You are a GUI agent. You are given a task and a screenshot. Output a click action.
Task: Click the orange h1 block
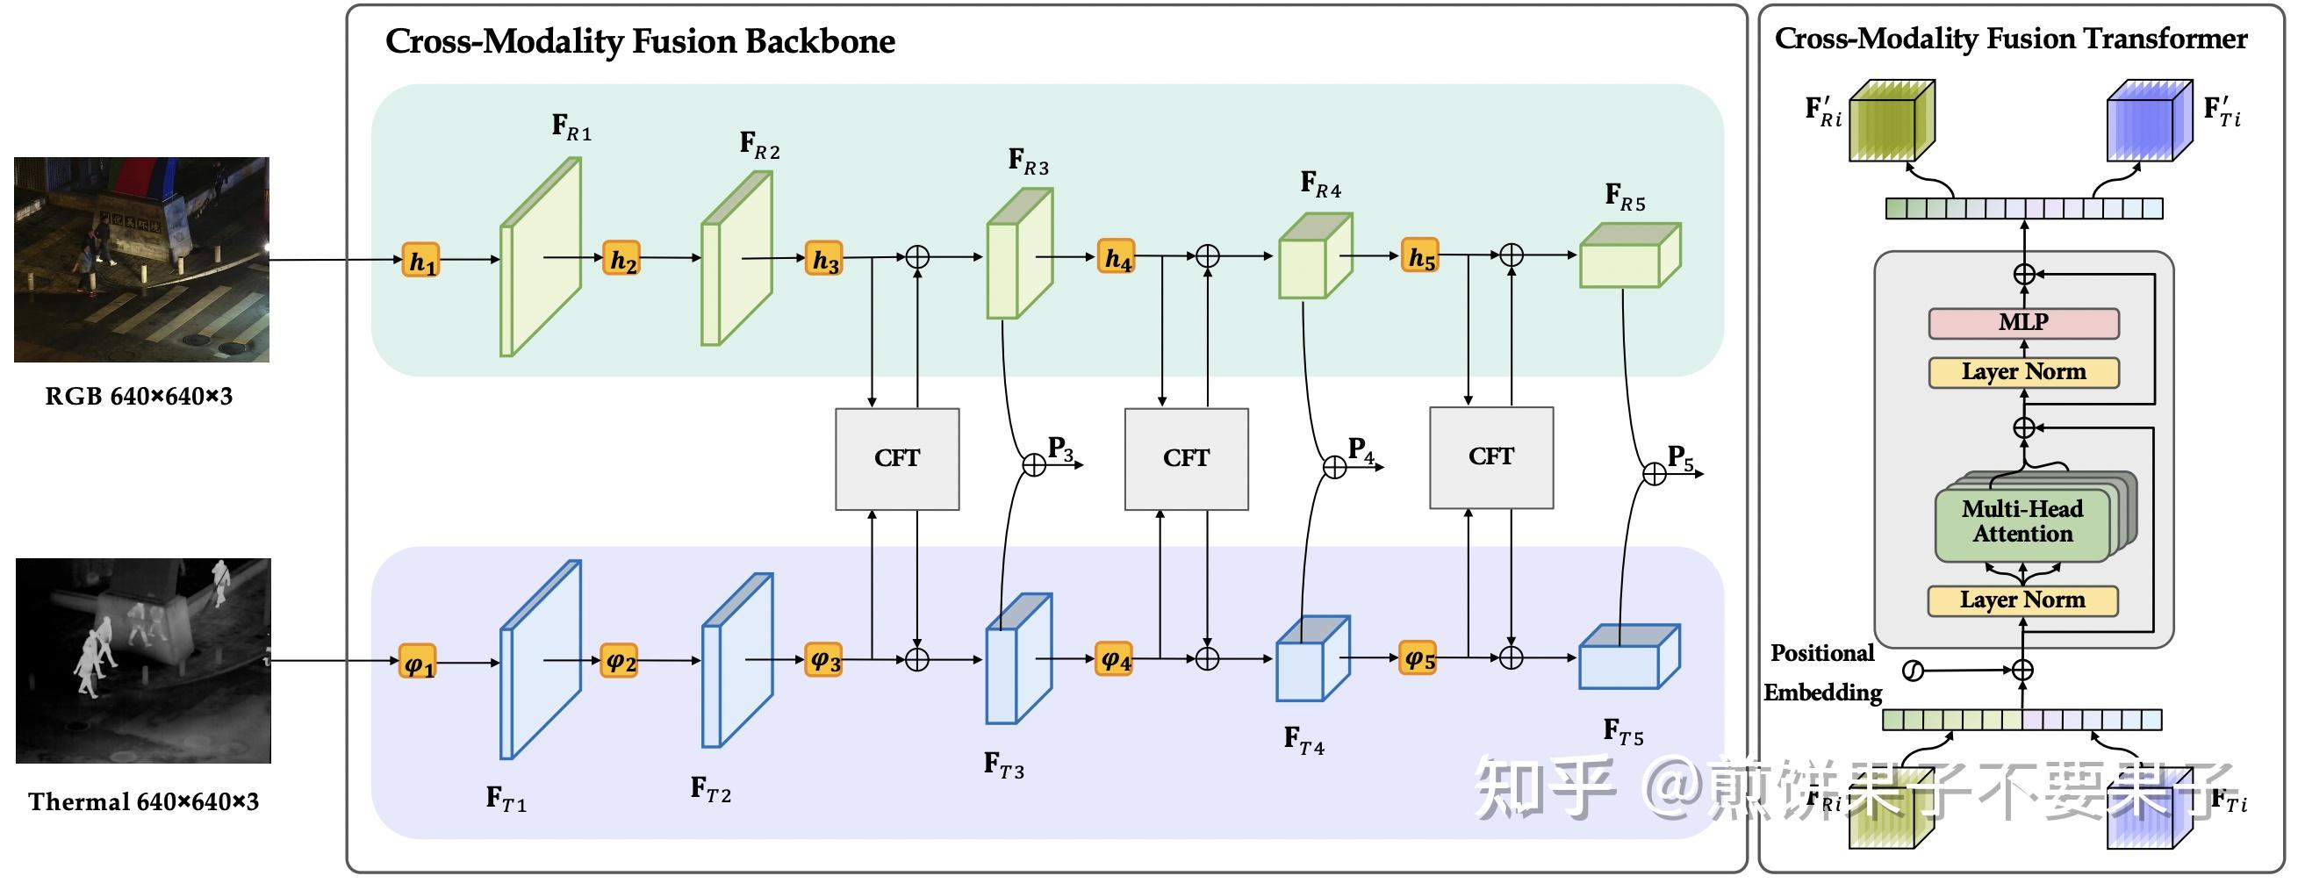coord(420,261)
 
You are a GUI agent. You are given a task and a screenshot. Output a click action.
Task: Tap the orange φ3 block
coord(823,660)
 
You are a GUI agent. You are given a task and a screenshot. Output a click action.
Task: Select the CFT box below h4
coord(1186,459)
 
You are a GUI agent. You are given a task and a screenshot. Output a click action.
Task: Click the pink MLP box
coord(2023,323)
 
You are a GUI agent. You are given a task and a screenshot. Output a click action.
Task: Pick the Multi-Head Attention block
coord(2022,522)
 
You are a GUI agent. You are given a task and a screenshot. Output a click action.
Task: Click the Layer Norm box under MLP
coord(2023,372)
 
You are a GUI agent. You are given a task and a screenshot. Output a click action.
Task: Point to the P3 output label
coord(1059,449)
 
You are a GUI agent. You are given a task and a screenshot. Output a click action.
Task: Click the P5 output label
coord(1680,458)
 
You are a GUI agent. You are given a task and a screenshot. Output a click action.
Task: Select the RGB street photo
coord(142,260)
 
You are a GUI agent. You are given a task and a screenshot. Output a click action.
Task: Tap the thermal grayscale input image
coord(143,660)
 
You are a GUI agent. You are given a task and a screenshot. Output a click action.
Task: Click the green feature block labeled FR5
coord(1628,257)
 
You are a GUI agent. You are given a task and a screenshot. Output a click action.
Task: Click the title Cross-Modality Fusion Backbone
coord(640,42)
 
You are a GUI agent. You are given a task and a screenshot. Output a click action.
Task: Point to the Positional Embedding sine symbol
coord(1913,671)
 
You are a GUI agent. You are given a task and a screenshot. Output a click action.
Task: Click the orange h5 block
coord(1419,257)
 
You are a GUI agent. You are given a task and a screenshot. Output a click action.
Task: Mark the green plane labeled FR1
coord(541,257)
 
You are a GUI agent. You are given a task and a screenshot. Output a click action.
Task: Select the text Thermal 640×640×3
coord(143,802)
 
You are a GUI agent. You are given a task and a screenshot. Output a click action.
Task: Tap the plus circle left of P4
coord(1334,466)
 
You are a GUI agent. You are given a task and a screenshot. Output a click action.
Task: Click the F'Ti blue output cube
coord(2148,122)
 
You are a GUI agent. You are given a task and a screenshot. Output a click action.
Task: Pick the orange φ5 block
coord(1418,659)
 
